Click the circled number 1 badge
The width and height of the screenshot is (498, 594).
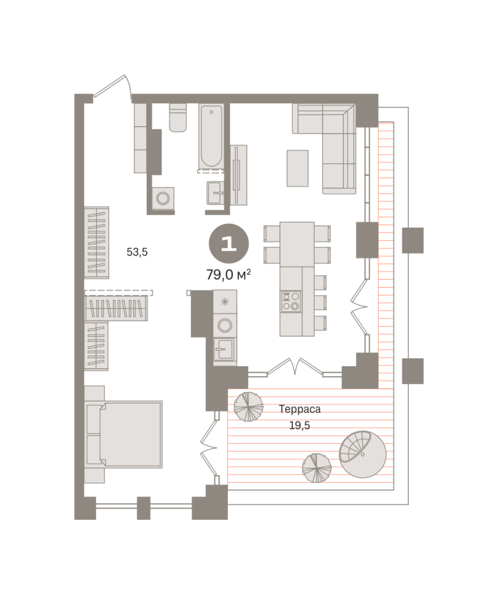229,244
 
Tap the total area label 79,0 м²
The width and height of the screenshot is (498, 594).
229,274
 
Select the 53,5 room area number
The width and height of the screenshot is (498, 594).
137,252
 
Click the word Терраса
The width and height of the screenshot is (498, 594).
300,409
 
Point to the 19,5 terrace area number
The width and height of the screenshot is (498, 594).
300,426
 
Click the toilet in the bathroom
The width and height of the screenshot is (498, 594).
178,118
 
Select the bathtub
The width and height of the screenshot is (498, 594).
211,136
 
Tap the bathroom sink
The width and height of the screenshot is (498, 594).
215,192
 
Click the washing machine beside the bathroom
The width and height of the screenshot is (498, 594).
163,198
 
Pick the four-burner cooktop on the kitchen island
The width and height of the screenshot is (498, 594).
291,301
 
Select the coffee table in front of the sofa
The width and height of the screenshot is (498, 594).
297,168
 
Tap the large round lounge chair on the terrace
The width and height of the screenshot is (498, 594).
362,454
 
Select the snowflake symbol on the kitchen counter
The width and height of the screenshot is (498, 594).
225,301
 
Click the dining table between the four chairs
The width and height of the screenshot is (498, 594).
297,244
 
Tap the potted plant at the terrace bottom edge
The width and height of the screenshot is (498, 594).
317,468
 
